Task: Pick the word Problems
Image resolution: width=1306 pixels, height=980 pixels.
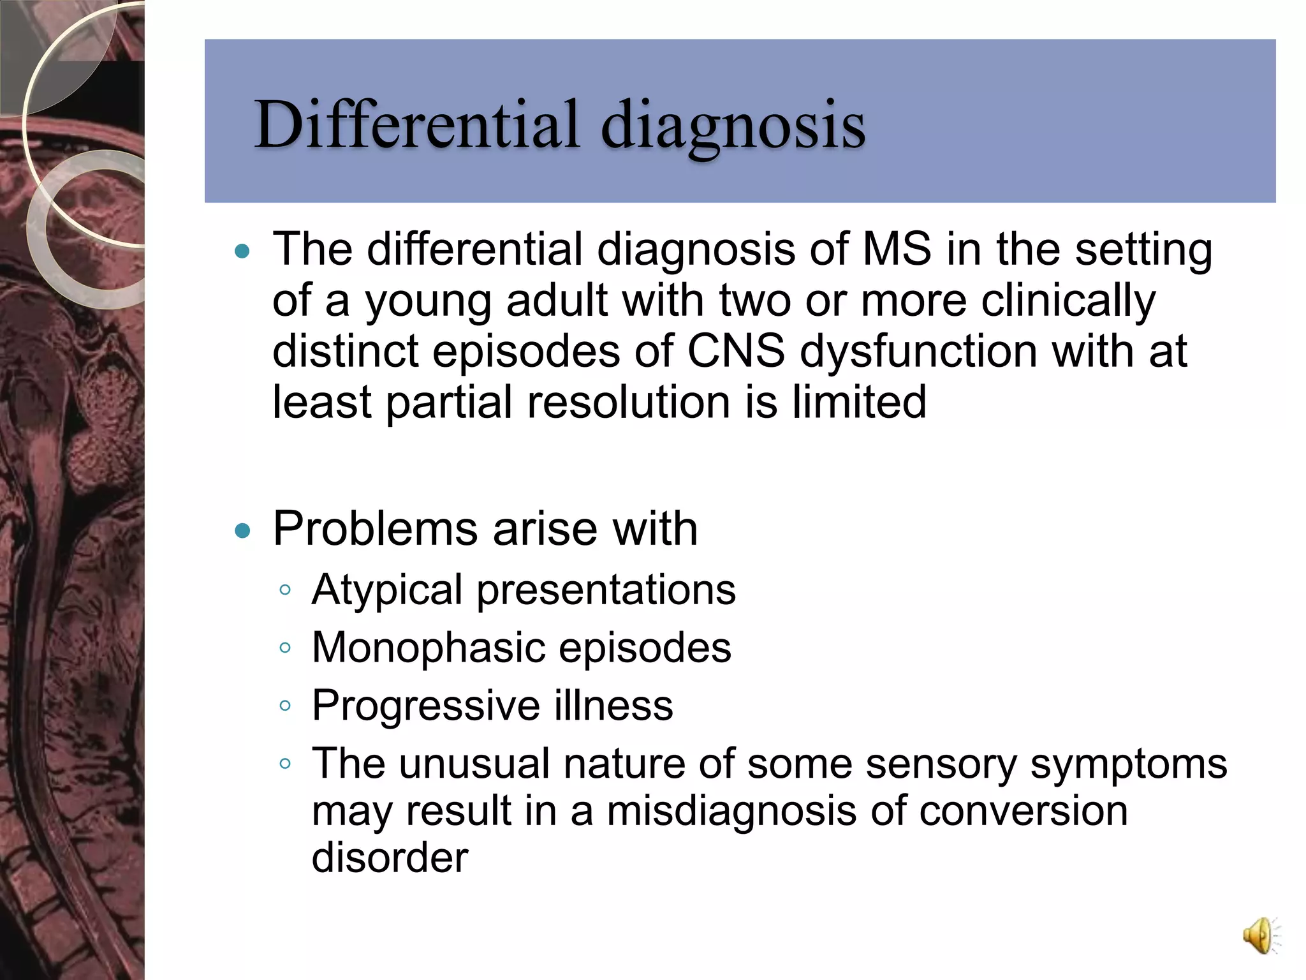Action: [375, 529]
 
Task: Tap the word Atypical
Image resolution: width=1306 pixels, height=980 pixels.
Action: [387, 590]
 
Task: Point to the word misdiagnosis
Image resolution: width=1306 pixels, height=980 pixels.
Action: [731, 811]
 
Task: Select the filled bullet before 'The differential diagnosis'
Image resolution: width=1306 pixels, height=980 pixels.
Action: [243, 251]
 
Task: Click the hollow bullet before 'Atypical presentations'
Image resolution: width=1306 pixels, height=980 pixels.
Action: [285, 590]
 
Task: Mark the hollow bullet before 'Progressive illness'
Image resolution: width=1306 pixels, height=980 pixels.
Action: [285, 705]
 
